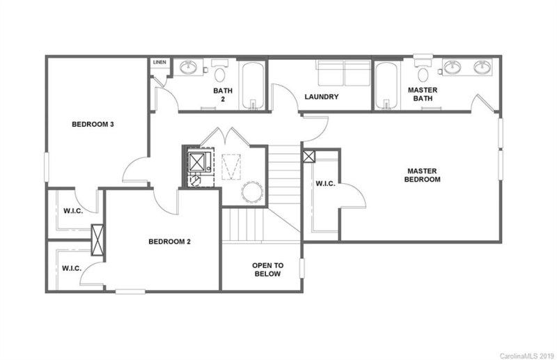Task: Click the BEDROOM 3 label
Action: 93,125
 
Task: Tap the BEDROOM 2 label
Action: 169,242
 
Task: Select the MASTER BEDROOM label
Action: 424,175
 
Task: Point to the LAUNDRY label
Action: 322,97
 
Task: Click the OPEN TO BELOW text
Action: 267,269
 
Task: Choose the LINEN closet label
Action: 159,63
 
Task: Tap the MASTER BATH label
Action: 422,95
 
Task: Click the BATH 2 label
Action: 223,95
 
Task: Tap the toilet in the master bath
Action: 422,72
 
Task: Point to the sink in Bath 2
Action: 188,68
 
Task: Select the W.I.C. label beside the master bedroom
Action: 326,185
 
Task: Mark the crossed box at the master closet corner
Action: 308,157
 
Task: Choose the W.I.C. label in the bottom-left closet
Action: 72,268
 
